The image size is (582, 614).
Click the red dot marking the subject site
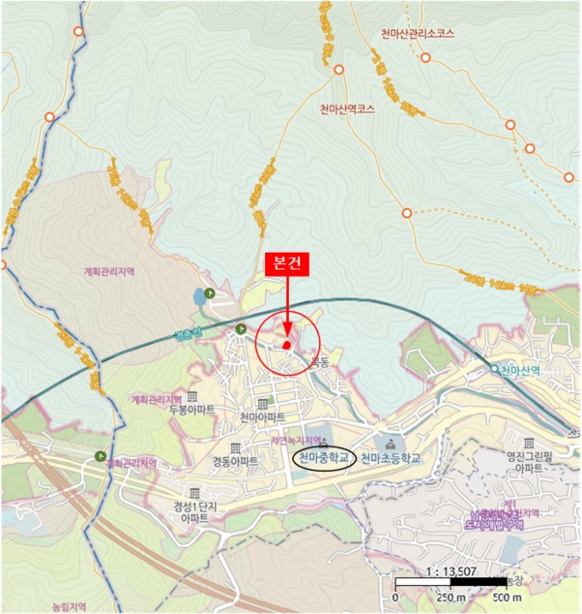click(x=286, y=346)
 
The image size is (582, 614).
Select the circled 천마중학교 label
click(x=320, y=458)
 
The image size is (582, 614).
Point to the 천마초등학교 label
click(x=392, y=458)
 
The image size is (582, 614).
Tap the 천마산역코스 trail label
click(x=348, y=110)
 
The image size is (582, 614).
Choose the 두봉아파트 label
click(x=192, y=409)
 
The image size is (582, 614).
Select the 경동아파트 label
click(x=234, y=460)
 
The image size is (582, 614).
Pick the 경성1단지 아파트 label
click(x=194, y=511)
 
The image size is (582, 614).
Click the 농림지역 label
click(x=70, y=606)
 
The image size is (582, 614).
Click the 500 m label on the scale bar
click(x=503, y=598)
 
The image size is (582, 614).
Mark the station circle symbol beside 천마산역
click(x=494, y=369)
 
